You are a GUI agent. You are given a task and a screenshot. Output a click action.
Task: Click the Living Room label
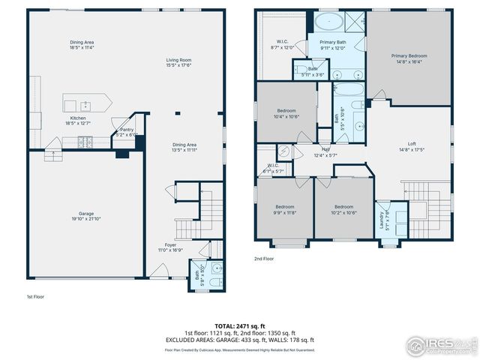(179, 62)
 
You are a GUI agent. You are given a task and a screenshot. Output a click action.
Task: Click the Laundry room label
(382, 219)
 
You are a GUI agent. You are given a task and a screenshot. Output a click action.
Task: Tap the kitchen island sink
(85, 104)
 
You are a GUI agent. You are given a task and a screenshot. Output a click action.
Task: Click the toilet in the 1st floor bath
(212, 282)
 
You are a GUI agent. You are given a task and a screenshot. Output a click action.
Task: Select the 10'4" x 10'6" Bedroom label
(285, 113)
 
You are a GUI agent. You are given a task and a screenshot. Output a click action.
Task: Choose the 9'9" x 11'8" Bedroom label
(284, 209)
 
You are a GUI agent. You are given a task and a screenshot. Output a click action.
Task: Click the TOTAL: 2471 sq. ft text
(240, 325)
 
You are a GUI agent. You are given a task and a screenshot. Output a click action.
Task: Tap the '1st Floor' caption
(36, 297)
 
